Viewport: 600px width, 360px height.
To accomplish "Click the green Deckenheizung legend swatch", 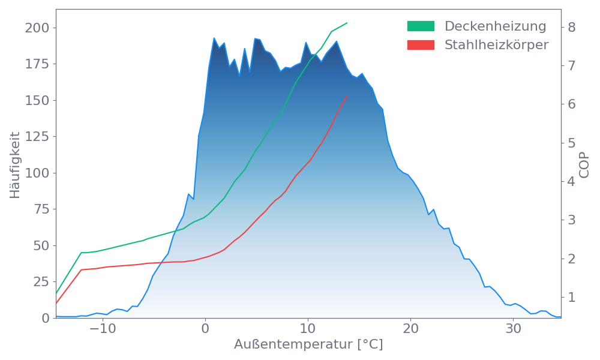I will (x=421, y=26).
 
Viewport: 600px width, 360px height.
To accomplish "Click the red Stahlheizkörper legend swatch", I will (x=421, y=45).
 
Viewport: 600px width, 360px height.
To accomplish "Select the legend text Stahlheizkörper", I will (x=496, y=45).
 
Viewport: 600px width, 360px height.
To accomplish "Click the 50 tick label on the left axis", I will (x=41, y=245).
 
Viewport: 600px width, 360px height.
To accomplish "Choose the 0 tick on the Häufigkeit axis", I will (x=45, y=318).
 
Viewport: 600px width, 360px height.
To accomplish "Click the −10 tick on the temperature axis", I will (x=103, y=329).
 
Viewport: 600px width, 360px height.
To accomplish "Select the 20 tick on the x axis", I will (x=410, y=329).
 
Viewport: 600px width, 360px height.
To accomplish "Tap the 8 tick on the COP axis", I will (x=572, y=27).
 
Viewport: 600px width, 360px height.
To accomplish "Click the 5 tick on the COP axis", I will (x=572, y=143).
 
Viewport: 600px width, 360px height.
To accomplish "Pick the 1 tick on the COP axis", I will (x=572, y=297).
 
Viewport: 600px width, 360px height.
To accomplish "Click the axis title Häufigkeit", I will (x=16, y=165).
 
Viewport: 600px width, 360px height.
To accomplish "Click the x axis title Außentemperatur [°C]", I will (x=308, y=345).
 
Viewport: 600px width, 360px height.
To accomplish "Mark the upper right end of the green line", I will (x=347, y=23).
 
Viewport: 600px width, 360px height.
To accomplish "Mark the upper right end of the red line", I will (x=347, y=96).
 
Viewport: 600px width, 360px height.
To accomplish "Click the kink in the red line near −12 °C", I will (x=82, y=269).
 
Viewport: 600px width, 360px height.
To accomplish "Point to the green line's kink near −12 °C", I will (x=82, y=253).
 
